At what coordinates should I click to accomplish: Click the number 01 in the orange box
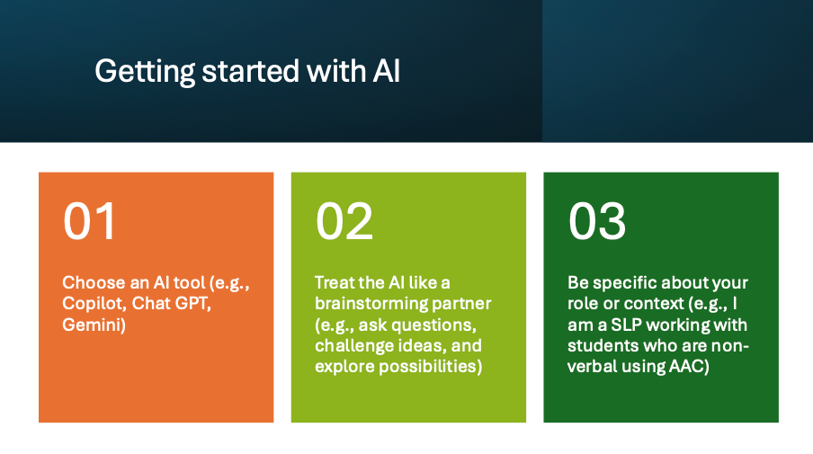pyautogui.click(x=89, y=221)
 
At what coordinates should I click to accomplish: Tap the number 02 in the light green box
pyautogui.click(x=344, y=221)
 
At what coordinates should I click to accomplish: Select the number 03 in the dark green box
pyautogui.click(x=597, y=221)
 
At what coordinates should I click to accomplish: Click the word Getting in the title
pyautogui.click(x=145, y=72)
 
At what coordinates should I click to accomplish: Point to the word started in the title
pyautogui.click(x=251, y=71)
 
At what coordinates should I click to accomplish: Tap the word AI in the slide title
pyautogui.click(x=387, y=71)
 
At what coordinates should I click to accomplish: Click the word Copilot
pyautogui.click(x=94, y=304)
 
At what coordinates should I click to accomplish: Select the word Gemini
pyautogui.click(x=94, y=325)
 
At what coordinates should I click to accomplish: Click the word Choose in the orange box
pyautogui.click(x=94, y=282)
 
